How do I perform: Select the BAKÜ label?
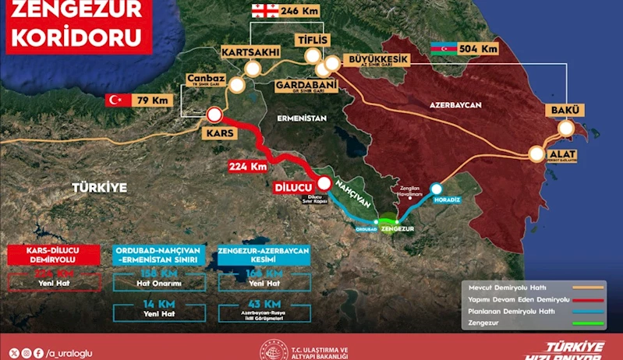point(564,110)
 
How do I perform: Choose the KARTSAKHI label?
point(251,53)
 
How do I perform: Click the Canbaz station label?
point(206,79)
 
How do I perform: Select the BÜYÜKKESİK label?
point(375,58)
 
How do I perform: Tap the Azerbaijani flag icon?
point(442,49)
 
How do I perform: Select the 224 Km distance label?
point(249,166)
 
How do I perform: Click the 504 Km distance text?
point(480,49)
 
